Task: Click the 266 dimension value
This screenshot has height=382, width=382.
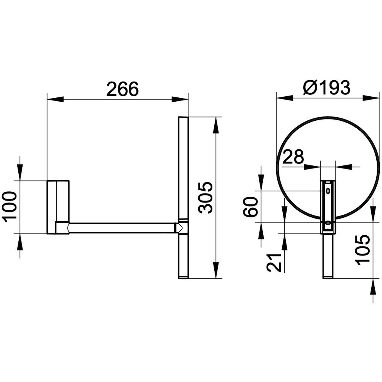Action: click(x=123, y=89)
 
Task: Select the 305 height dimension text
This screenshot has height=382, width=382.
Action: click(x=206, y=197)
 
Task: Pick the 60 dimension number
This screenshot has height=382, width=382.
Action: click(x=251, y=207)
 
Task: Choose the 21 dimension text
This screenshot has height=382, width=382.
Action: click(x=274, y=262)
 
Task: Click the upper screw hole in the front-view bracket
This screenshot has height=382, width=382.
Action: click(x=328, y=191)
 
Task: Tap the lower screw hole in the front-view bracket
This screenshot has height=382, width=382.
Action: click(x=328, y=222)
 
